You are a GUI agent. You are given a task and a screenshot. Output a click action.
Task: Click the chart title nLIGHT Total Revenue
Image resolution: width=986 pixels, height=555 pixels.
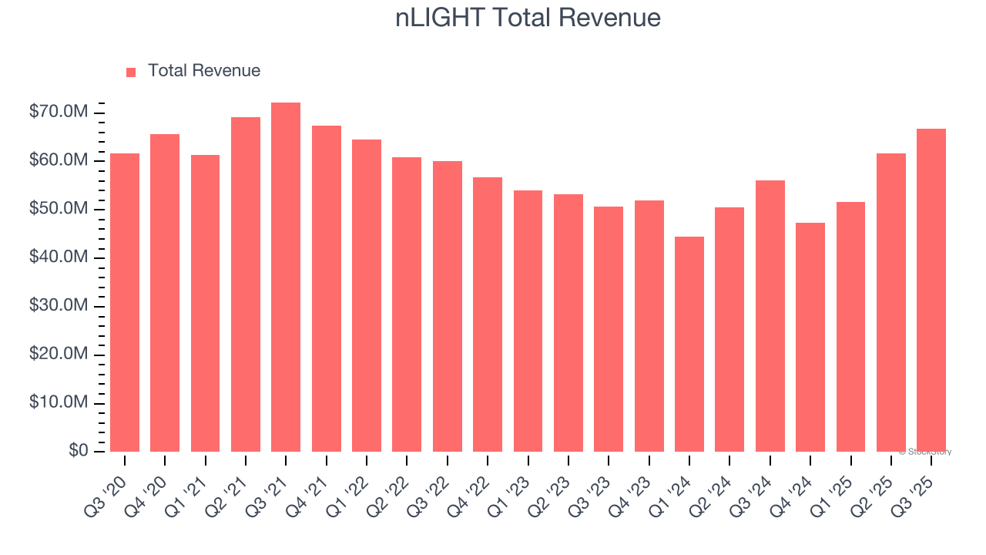click(528, 18)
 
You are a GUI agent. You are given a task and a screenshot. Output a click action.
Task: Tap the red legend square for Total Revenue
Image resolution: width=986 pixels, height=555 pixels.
click(131, 72)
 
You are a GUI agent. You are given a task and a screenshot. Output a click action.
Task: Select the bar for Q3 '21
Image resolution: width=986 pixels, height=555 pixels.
click(286, 277)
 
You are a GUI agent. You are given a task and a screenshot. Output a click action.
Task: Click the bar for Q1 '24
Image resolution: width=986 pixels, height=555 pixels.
click(689, 344)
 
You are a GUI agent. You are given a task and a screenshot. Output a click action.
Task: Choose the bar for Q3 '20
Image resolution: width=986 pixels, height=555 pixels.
click(125, 302)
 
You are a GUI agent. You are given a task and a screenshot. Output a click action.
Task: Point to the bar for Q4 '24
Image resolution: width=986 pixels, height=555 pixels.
click(810, 337)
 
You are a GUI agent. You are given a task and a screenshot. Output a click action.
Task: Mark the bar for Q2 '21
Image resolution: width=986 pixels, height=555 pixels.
click(246, 284)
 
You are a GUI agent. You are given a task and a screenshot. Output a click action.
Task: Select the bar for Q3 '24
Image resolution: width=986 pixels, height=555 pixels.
click(770, 316)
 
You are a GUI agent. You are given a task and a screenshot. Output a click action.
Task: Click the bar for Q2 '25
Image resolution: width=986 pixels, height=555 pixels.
click(891, 302)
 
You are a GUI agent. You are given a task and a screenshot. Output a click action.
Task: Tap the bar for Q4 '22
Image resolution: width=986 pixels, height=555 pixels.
click(488, 314)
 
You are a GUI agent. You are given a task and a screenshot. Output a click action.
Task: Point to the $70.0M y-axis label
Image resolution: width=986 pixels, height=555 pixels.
click(59, 113)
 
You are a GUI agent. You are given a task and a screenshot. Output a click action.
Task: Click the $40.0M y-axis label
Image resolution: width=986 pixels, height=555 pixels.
click(59, 257)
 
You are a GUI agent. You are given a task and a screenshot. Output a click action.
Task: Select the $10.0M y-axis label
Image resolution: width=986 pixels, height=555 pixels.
click(59, 402)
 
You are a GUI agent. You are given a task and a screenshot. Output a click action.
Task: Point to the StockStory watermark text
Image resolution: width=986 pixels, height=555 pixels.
click(925, 452)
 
